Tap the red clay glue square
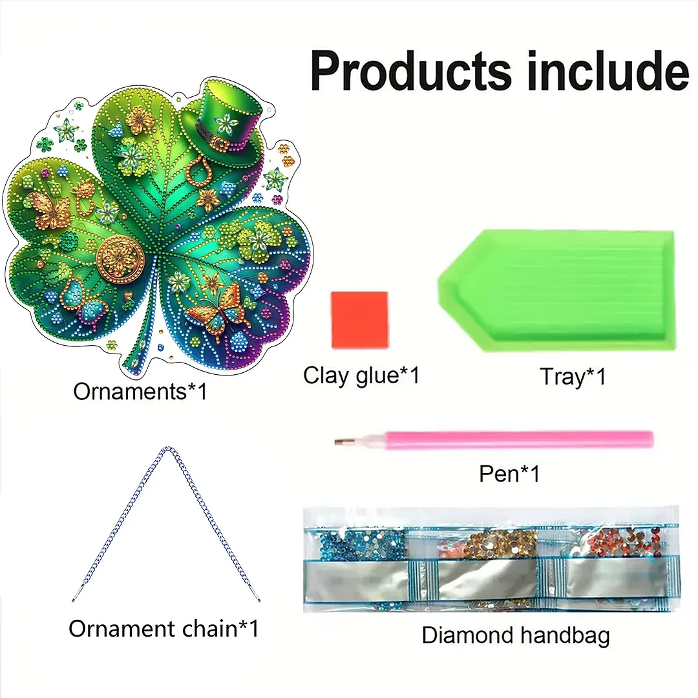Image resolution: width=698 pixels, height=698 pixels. coord(359,320)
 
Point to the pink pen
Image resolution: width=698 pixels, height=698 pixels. coord(504,439)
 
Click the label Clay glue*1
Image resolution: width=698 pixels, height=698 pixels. coord(361,375)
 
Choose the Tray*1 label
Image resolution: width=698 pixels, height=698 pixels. coord(573,376)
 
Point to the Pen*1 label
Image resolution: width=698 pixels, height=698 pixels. coord(509,474)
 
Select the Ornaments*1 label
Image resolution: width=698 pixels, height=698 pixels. coord(140,391)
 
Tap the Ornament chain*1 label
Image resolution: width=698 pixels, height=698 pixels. coord(164,629)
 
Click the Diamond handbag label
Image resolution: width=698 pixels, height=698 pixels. coord(516,635)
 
